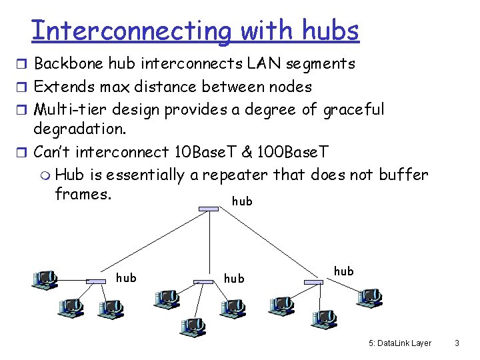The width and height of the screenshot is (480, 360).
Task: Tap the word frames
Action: (x=83, y=193)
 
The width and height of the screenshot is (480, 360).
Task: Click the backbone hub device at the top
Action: (x=208, y=209)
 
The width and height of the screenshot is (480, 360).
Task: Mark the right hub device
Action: (x=313, y=282)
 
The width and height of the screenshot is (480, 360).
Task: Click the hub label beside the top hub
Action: (x=242, y=201)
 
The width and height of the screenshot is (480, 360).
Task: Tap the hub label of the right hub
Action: (x=343, y=271)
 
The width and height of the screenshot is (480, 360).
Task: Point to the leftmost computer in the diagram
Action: (x=45, y=279)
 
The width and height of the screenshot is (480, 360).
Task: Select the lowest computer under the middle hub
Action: (x=193, y=325)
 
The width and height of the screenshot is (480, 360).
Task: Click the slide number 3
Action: (x=457, y=343)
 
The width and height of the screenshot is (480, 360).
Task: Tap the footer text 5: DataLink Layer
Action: (x=400, y=343)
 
